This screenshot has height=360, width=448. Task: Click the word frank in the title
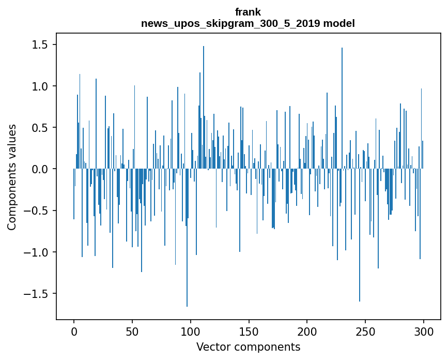[248, 12]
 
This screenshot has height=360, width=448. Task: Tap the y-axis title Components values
[12, 177]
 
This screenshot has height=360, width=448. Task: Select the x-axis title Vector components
[248, 347]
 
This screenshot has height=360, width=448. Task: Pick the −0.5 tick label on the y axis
[37, 211]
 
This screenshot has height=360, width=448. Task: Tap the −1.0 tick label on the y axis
[37, 252]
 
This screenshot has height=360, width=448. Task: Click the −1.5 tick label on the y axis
[37, 294]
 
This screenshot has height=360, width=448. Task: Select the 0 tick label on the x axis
[74, 331]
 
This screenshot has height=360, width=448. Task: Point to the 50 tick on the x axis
[132, 331]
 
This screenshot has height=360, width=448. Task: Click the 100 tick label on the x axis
[191, 331]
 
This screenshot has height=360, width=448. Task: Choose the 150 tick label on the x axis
[249, 331]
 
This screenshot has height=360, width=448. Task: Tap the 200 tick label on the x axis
[307, 331]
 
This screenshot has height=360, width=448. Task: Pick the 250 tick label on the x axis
[365, 331]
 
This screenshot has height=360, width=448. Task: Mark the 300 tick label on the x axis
[424, 331]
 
